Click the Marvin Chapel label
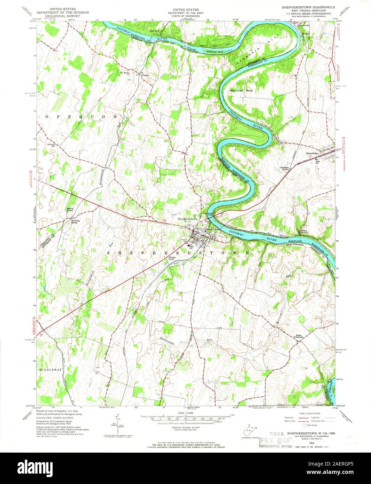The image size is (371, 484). pos(71,210)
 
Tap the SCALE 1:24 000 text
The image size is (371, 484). pos(185,413)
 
